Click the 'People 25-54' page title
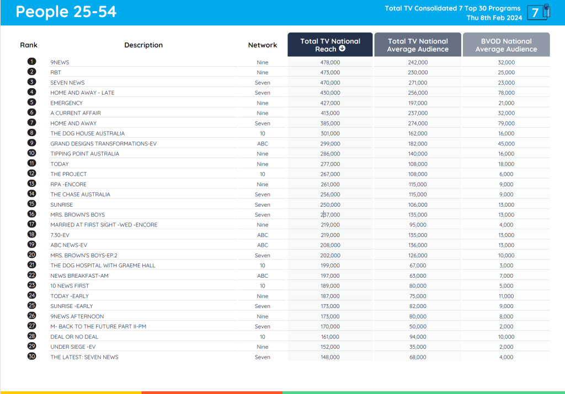66,12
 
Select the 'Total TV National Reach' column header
330,45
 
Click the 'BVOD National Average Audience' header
506,45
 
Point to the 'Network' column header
263,45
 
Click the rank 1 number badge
32,62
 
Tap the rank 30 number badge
32,357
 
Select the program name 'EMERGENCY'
67,103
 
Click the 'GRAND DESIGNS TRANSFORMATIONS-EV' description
104,144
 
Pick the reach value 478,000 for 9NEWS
330,62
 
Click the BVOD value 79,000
506,123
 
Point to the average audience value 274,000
418,123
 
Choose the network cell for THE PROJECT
263,174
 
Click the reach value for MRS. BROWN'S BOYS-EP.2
330,255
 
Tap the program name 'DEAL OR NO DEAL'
74,337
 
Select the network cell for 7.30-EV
263,235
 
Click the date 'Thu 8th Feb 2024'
494,18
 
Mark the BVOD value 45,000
506,144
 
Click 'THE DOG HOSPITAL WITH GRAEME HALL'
103,266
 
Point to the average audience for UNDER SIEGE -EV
418,347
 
